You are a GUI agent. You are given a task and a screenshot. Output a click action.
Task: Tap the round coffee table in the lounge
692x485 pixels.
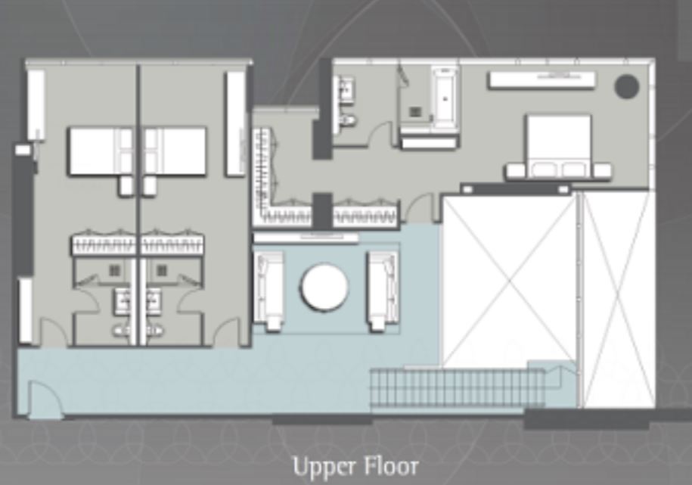pyautogui.click(x=324, y=288)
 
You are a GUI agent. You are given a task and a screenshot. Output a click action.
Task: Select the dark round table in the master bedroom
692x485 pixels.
pyautogui.click(x=626, y=86)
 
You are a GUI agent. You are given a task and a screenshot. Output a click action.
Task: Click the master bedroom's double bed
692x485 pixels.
pyautogui.click(x=558, y=146)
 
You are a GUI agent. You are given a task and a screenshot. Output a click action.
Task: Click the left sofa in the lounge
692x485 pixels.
pyautogui.click(x=268, y=291)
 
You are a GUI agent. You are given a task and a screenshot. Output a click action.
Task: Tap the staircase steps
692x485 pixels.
pyautogui.click(x=458, y=387)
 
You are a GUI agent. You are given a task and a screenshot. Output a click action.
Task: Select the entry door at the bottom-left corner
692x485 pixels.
pyautogui.click(x=44, y=400)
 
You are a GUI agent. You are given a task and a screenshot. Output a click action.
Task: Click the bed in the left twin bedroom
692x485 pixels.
pyautogui.click(x=100, y=151)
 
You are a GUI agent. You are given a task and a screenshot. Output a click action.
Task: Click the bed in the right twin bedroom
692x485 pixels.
pyautogui.click(x=175, y=151)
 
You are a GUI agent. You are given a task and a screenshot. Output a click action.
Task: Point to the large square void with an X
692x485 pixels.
pyautogui.click(x=509, y=281)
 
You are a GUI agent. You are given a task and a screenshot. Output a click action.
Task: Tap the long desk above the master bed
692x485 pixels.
pyautogui.click(x=541, y=80)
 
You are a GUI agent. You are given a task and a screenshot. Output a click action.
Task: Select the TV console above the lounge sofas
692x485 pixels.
pyautogui.click(x=306, y=238)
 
